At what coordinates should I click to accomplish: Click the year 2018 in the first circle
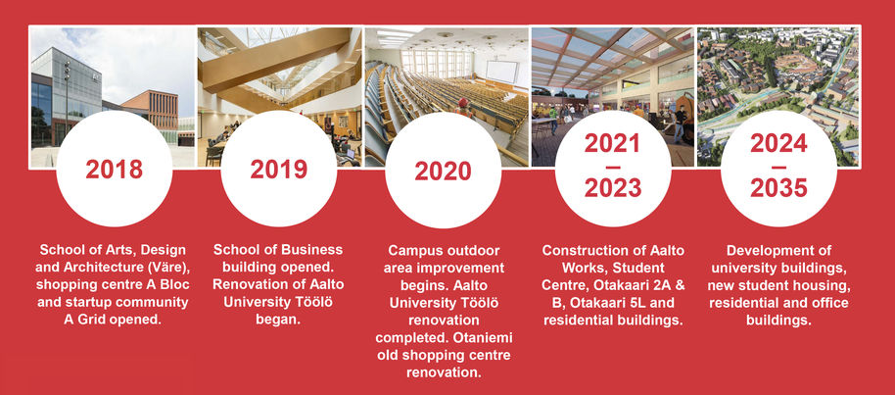point(115,170)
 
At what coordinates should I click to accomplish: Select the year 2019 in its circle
point(278,170)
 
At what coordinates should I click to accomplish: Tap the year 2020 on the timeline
point(443,171)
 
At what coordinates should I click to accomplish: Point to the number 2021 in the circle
point(613,143)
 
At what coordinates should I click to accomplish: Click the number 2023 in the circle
point(613,188)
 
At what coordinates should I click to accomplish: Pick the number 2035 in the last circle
point(778,188)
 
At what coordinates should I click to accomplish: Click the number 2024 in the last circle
point(778,143)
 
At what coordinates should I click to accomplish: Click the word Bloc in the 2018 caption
point(176,284)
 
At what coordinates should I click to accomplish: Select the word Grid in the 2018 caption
point(94,320)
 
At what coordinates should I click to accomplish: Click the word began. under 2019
point(278,320)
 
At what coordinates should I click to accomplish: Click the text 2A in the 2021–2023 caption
point(662,284)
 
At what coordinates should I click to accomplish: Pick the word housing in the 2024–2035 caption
point(824,284)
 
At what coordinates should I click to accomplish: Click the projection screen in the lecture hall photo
point(501,73)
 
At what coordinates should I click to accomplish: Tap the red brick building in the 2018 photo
point(150,115)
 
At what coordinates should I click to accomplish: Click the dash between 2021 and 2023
point(613,167)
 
